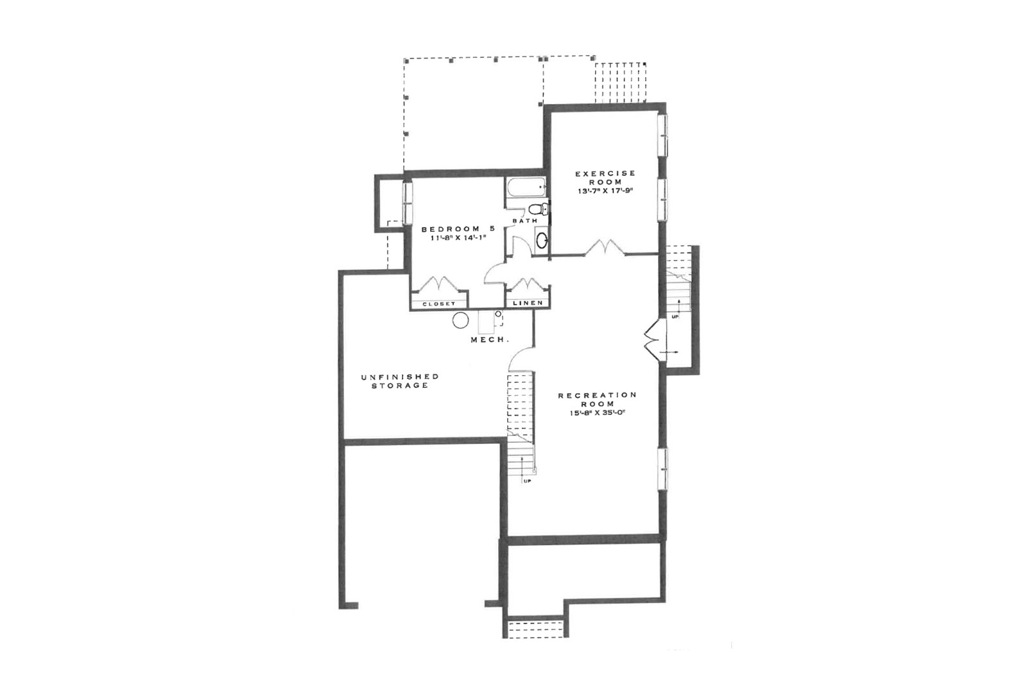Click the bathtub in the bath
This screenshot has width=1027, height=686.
click(527, 187)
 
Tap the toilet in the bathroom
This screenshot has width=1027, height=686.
click(539, 209)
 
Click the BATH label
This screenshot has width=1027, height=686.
click(525, 221)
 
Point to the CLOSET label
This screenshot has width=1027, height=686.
click(439, 304)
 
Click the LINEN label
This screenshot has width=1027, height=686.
click(528, 303)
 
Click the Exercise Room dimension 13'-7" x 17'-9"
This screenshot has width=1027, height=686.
click(605, 191)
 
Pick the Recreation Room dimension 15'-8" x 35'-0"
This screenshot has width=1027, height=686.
click(598, 412)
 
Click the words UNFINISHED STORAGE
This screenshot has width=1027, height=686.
click(400, 381)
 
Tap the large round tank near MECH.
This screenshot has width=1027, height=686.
click(460, 321)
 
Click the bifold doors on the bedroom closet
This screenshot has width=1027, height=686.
click(439, 284)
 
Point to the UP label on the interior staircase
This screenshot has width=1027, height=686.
click(527, 481)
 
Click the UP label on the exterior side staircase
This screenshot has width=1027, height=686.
click(675, 317)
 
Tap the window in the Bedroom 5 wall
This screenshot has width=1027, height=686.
click(407, 203)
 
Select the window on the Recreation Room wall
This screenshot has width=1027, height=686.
click(662, 469)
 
